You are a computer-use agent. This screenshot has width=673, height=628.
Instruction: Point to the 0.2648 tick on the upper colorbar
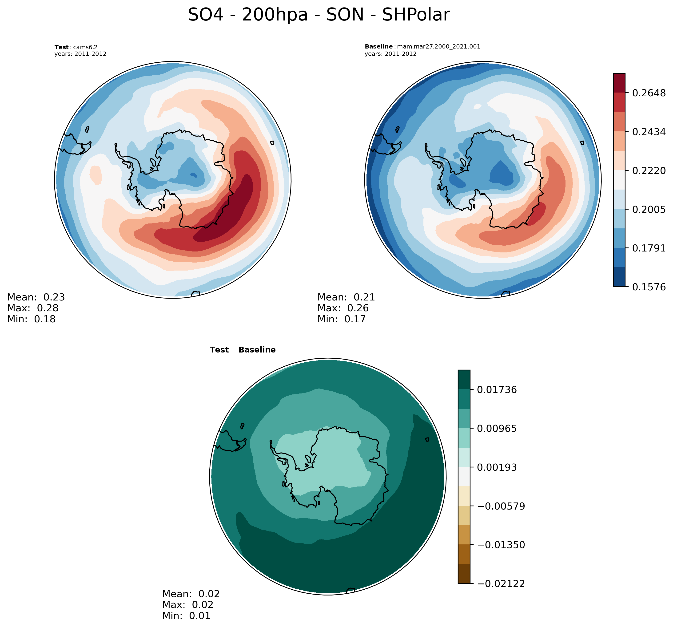click(649, 93)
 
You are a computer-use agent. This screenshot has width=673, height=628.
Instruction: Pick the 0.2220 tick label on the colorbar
click(649, 171)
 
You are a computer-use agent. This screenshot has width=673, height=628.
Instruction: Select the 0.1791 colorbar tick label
click(649, 248)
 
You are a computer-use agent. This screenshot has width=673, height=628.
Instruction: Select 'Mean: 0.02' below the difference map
click(191, 594)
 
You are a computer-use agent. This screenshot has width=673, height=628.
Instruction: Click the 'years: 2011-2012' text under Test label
click(80, 54)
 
